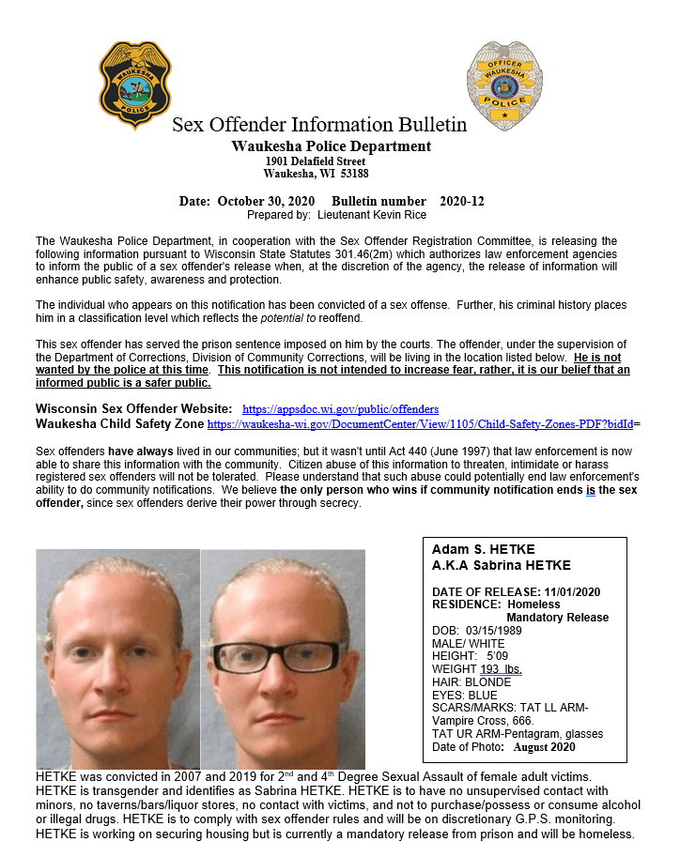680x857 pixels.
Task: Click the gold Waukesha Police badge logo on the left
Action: click(x=135, y=84)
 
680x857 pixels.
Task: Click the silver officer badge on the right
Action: click(x=503, y=85)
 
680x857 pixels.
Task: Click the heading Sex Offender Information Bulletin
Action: click(x=319, y=125)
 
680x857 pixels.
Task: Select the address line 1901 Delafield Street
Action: click(x=315, y=161)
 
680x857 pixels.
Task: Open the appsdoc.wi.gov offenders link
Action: click(x=340, y=409)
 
